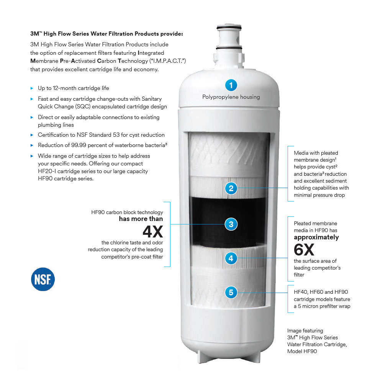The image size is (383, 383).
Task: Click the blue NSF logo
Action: [x=43, y=279]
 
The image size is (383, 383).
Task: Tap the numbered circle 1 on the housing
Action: [x=231, y=85]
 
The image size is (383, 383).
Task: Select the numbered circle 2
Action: [x=231, y=188]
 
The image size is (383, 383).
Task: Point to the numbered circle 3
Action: [x=231, y=224]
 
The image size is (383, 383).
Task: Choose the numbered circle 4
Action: [x=231, y=259]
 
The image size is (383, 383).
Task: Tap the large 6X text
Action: [x=304, y=250]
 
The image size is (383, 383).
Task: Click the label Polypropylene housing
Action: [x=231, y=97]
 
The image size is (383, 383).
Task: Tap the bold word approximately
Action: [x=316, y=237]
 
